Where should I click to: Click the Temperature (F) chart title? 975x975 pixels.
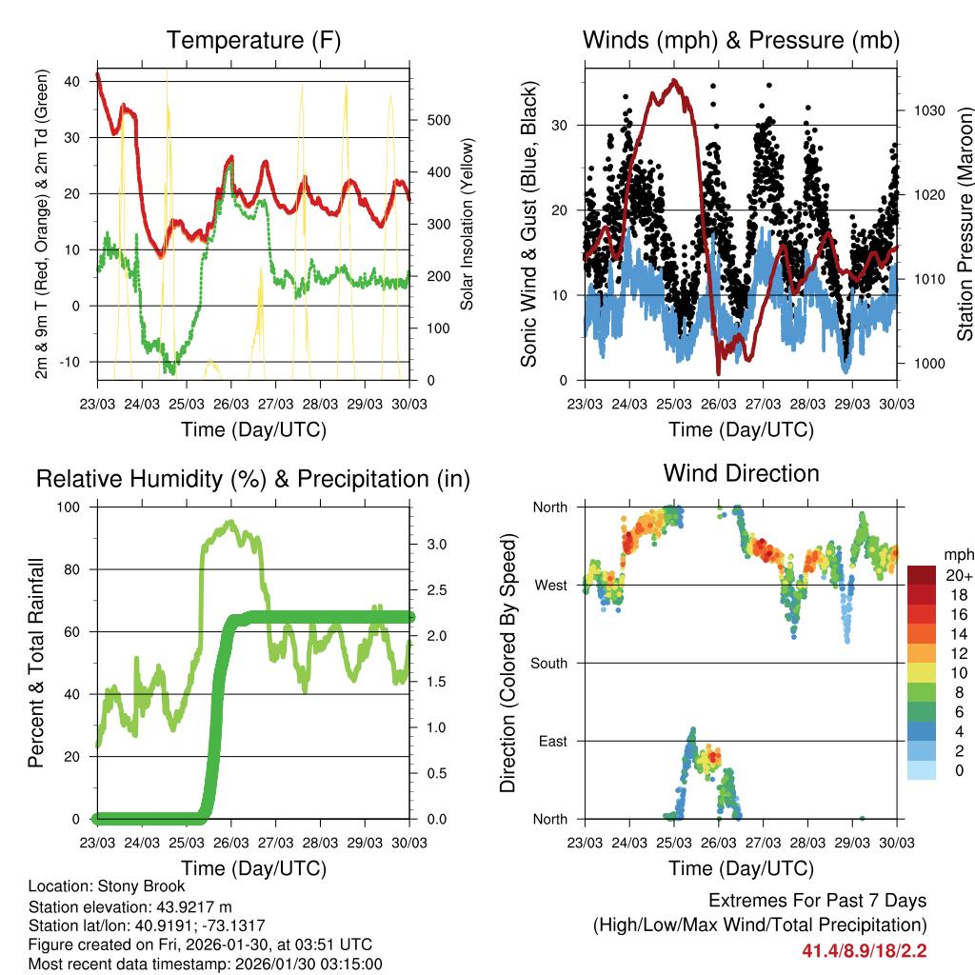tap(252, 40)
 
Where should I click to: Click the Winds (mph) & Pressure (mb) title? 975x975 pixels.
tap(741, 40)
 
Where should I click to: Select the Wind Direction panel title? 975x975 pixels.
tap(741, 472)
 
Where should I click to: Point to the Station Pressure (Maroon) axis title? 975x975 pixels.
tap(965, 225)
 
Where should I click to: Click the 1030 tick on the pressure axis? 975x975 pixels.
tap(927, 110)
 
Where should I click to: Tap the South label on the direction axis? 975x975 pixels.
tap(549, 663)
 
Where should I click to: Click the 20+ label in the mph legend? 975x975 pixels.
tap(959, 575)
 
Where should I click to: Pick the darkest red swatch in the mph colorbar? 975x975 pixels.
tap(924, 575)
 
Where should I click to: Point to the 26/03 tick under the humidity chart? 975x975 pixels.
tap(231, 843)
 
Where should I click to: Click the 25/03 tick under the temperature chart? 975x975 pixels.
tap(187, 404)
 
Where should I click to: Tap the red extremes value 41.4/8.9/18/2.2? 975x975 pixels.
tap(864, 950)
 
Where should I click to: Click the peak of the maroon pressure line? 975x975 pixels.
tap(674, 80)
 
